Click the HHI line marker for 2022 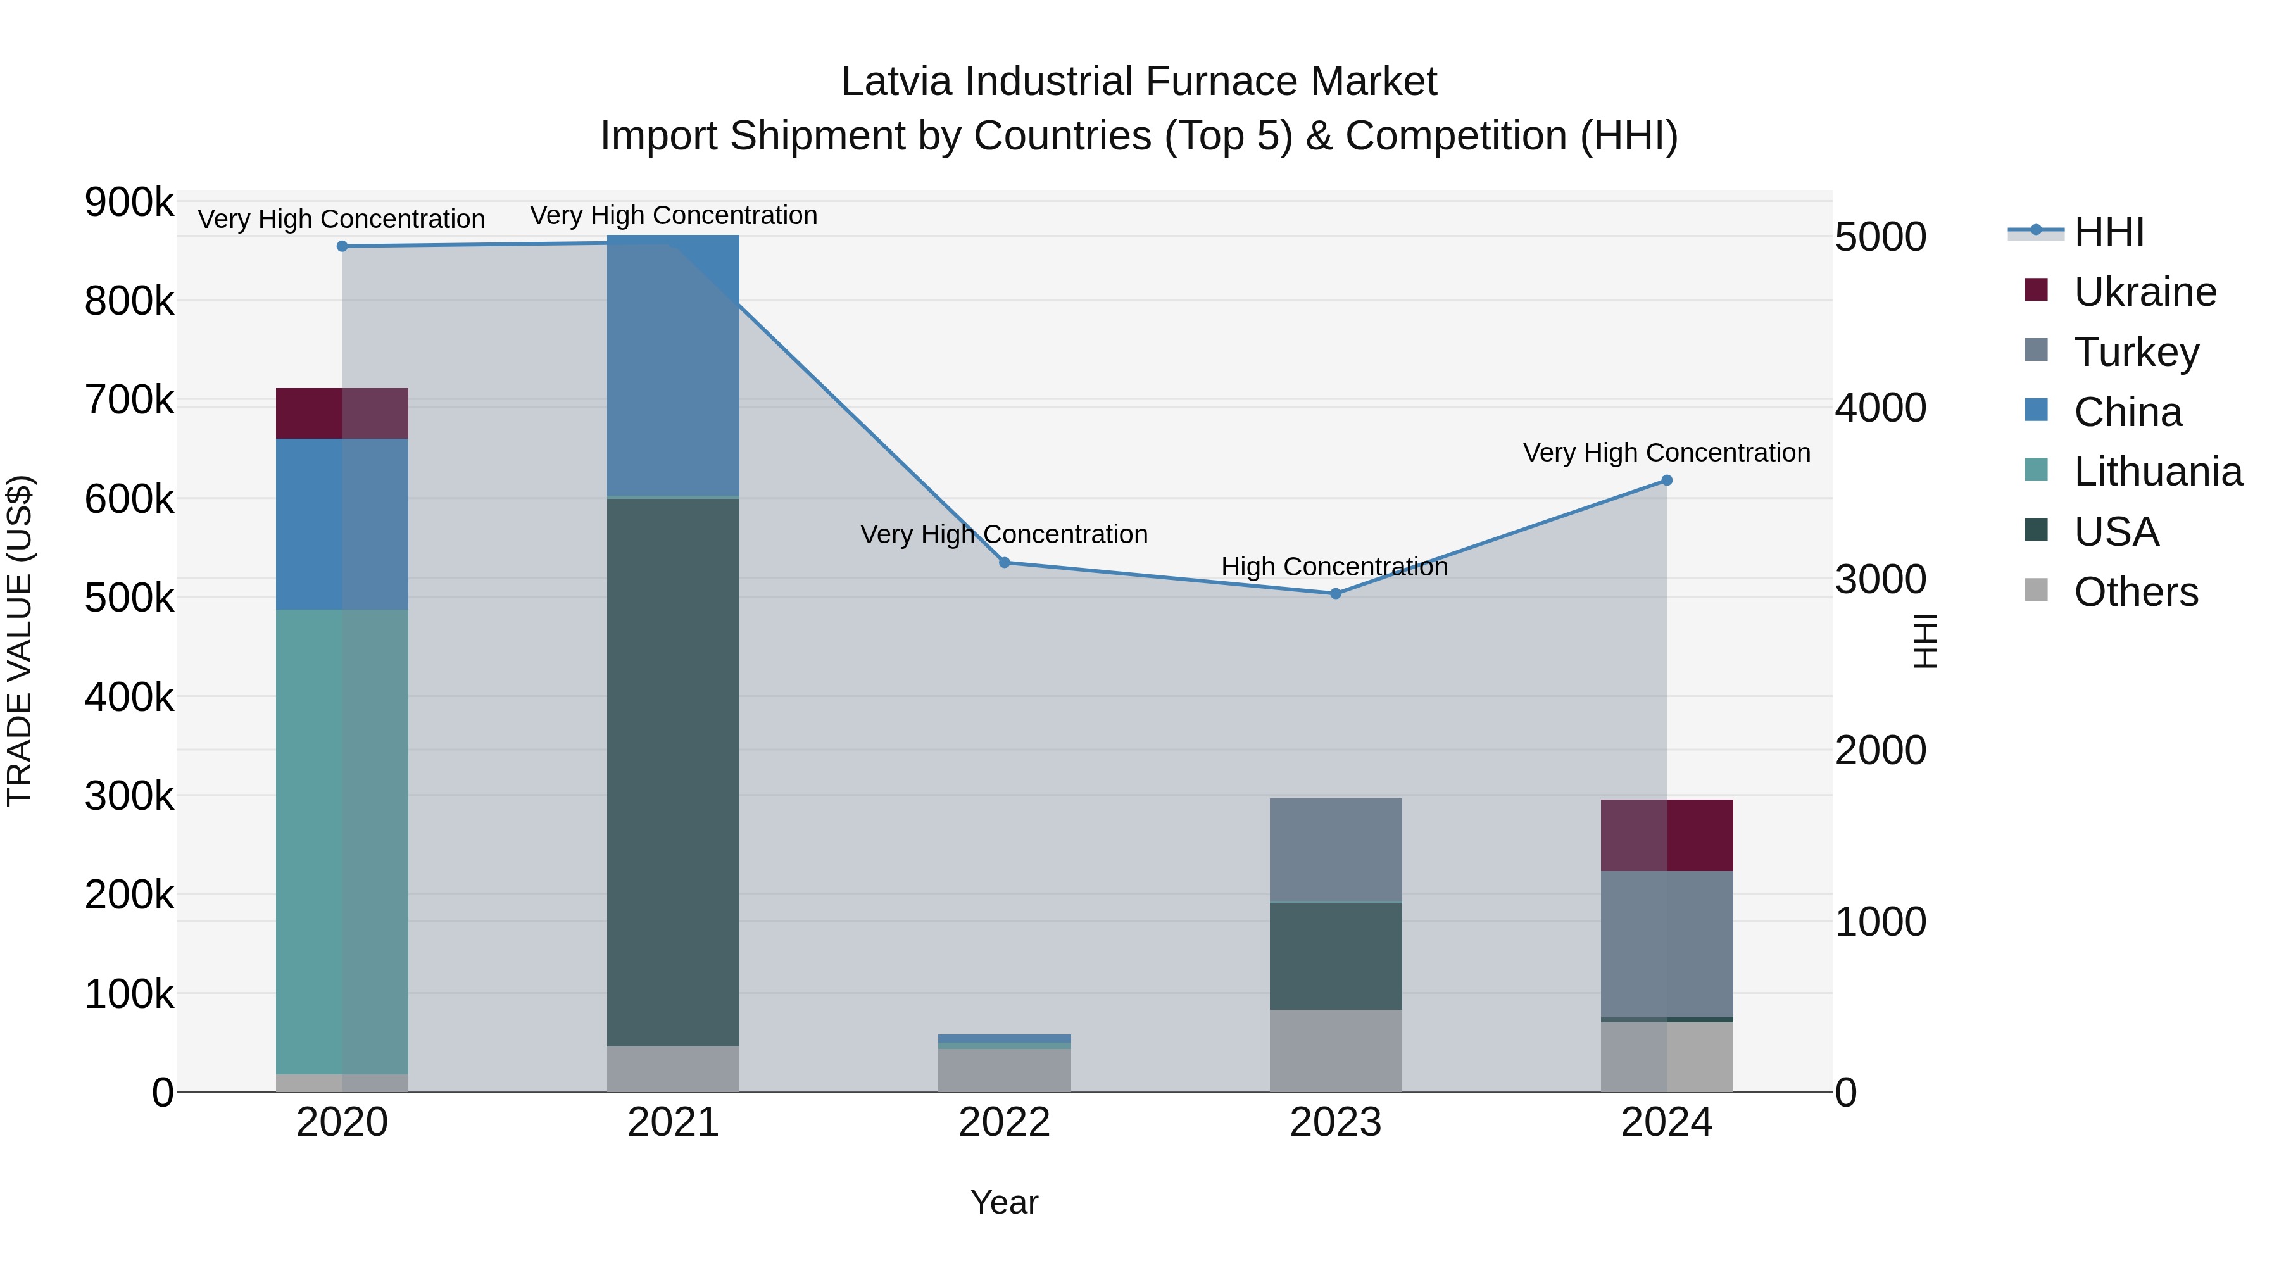(1004, 563)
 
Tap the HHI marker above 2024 (1667, 481)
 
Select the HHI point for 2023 (1336, 594)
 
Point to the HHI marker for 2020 (342, 246)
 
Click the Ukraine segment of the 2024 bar (1667, 835)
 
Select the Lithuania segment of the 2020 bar (342, 841)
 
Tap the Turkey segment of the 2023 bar (1336, 850)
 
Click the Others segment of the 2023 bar (1336, 1050)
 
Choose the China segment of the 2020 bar (342, 524)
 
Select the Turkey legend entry (2136, 352)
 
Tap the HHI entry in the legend (2108, 232)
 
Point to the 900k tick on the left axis (129, 203)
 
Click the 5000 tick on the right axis (1881, 237)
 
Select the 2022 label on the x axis (1004, 1122)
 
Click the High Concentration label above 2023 (1334, 566)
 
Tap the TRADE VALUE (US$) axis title (20, 641)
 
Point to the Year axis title (1004, 1202)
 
